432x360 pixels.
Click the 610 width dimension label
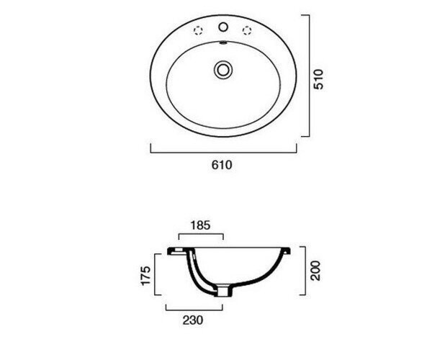222,165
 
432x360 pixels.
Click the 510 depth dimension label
318,79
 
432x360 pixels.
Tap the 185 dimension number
200,225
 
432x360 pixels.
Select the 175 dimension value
145,276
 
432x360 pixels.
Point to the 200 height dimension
316,271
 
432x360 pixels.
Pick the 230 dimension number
193,320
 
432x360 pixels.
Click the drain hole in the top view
223,70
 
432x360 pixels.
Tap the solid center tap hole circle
223,27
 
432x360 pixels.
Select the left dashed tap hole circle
199,30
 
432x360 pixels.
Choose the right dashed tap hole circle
247,30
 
